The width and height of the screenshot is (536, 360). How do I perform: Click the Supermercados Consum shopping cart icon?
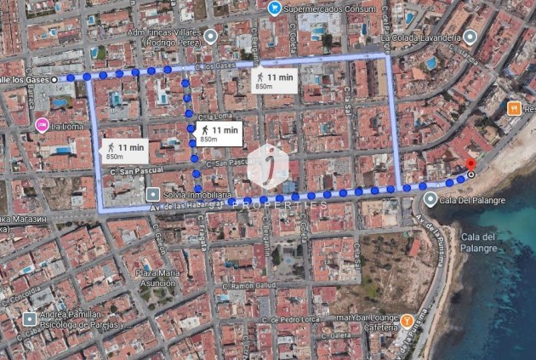[x=274, y=8]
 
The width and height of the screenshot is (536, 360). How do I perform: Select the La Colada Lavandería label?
[x=420, y=37]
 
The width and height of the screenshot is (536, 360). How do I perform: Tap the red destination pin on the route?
[x=470, y=165]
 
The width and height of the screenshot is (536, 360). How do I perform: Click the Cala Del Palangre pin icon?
[x=431, y=200]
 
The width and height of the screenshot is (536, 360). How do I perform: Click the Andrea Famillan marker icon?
[x=30, y=319]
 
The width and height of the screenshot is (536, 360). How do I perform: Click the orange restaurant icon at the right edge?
[x=513, y=108]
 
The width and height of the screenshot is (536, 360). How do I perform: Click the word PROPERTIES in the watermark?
[x=279, y=205]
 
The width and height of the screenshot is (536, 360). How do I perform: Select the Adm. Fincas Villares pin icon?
[x=210, y=35]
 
